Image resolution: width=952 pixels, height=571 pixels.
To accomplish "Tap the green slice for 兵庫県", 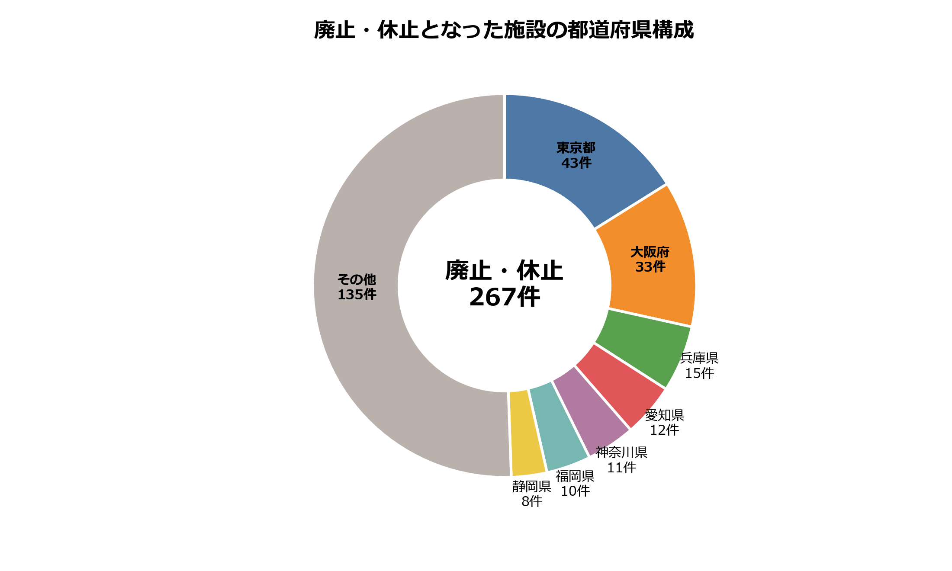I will (640, 346).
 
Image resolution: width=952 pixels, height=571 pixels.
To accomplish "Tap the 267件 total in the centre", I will (505, 297).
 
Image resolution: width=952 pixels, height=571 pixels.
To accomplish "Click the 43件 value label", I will (576, 163).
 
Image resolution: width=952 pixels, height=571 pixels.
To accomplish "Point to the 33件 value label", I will (650, 267).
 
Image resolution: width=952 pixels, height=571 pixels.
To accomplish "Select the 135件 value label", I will (357, 295).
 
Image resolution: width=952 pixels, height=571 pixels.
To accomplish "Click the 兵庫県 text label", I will (699, 358).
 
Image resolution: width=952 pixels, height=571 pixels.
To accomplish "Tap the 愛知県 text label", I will (664, 415).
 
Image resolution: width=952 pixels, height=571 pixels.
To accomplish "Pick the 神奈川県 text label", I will (621, 452).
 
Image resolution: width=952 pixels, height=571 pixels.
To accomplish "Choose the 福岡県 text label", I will (575, 476).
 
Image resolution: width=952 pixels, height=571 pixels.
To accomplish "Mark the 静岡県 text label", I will (532, 487).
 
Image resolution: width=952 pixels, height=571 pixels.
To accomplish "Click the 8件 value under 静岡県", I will (532, 501).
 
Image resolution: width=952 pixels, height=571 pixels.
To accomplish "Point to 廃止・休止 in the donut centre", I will (504, 271).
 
